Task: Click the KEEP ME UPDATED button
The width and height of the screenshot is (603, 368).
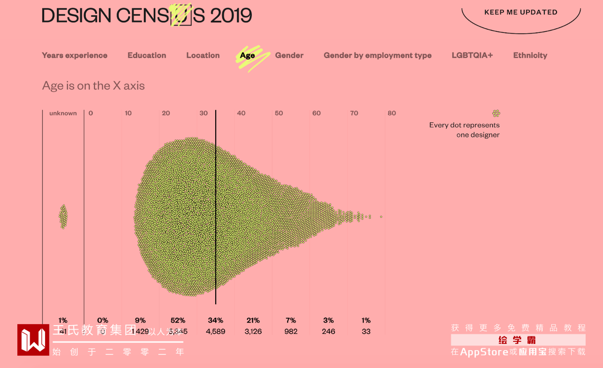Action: click(521, 12)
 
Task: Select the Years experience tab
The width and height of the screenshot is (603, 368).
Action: click(75, 55)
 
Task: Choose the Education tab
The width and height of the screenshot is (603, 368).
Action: click(147, 55)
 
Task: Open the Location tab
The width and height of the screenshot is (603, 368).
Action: click(203, 55)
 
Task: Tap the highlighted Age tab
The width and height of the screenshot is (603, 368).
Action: click(247, 56)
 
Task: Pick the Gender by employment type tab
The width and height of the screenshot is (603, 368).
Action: click(377, 55)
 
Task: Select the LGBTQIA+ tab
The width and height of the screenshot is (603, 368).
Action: click(472, 55)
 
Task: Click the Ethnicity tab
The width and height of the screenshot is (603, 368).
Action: click(530, 55)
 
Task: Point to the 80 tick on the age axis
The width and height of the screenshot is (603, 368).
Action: click(391, 113)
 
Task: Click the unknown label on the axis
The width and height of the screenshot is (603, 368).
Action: click(63, 113)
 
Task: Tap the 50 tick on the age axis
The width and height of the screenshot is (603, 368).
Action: click(279, 113)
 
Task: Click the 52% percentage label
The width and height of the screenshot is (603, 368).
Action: click(178, 320)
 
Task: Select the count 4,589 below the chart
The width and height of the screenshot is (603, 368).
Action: click(215, 331)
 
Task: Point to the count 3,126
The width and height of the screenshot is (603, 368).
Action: click(253, 331)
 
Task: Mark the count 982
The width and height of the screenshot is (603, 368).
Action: click(291, 331)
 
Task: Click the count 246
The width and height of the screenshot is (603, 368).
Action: click(329, 331)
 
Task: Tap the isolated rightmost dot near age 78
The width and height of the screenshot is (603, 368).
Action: click(381, 217)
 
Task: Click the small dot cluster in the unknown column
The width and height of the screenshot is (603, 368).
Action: click(63, 217)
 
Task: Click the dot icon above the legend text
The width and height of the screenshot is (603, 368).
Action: click(496, 113)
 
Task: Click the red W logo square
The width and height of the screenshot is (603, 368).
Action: click(33, 339)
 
